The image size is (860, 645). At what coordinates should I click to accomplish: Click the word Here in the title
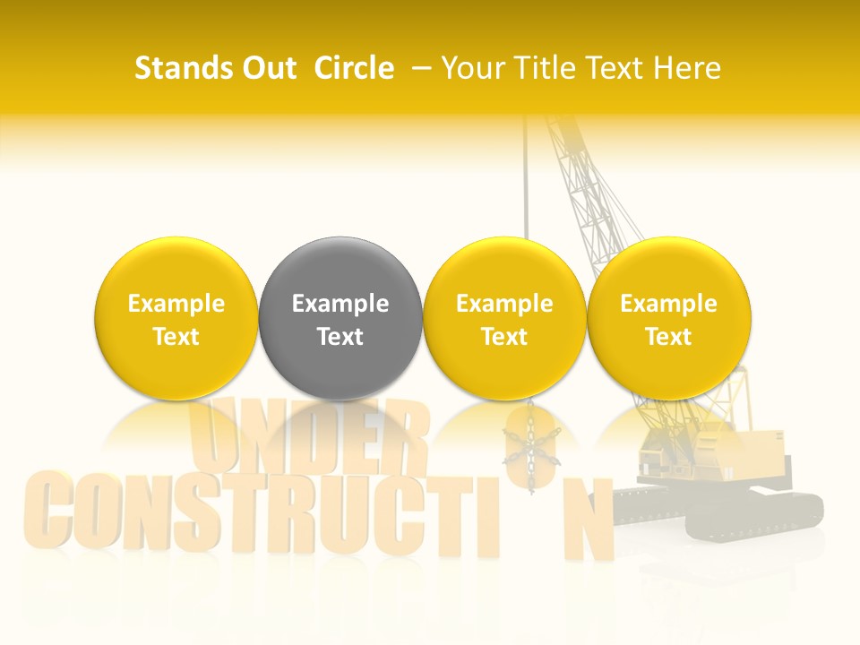(x=687, y=68)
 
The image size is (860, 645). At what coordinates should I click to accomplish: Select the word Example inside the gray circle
(x=340, y=304)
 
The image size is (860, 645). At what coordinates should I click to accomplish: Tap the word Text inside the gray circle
(x=340, y=337)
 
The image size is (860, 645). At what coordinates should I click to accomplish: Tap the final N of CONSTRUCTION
(x=587, y=520)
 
